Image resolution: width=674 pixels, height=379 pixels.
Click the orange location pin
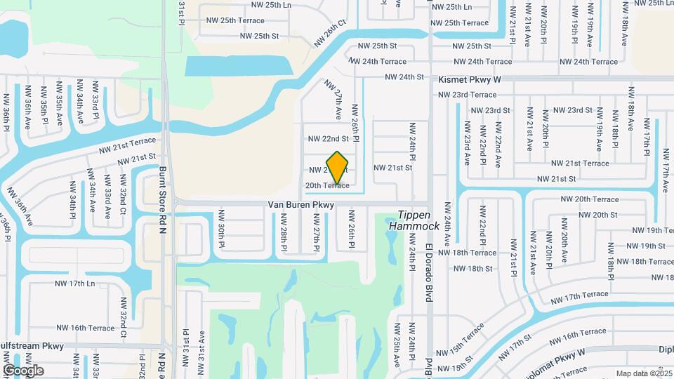tap(338, 167)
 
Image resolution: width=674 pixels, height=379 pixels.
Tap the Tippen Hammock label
tap(418, 220)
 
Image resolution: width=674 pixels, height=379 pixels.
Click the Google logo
tap(23, 371)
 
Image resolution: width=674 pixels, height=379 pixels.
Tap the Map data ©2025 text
tap(643, 373)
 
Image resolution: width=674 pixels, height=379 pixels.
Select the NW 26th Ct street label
tap(331, 32)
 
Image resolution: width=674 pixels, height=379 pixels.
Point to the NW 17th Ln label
tap(74, 284)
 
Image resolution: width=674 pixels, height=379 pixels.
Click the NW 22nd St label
tap(328, 139)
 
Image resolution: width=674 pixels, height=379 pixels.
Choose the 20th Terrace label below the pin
tap(327, 185)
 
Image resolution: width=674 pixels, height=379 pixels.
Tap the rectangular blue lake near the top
tap(239, 66)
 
